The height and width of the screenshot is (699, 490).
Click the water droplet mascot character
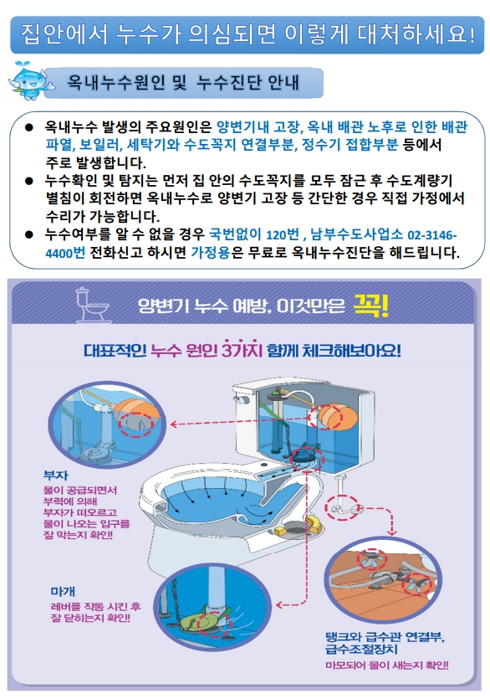[x=30, y=81]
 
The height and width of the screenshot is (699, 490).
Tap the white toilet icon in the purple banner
[x=92, y=305]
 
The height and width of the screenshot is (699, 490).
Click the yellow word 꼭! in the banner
[x=370, y=306]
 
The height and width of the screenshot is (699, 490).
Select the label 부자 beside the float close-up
[x=56, y=475]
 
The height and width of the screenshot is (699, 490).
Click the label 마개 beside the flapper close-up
[x=63, y=592]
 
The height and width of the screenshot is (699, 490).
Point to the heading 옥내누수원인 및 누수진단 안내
[x=183, y=83]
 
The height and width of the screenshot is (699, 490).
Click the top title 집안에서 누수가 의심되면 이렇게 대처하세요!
[x=248, y=34]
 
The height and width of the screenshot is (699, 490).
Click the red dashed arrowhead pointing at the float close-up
[x=174, y=424]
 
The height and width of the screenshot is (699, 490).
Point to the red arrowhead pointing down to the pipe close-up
[x=391, y=532]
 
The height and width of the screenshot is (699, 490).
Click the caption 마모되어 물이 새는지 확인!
[x=387, y=666]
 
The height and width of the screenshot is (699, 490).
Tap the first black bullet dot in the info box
[x=29, y=127]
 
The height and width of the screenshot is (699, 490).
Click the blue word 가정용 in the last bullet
[x=210, y=253]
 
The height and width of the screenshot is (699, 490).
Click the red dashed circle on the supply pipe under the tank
[x=342, y=508]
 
